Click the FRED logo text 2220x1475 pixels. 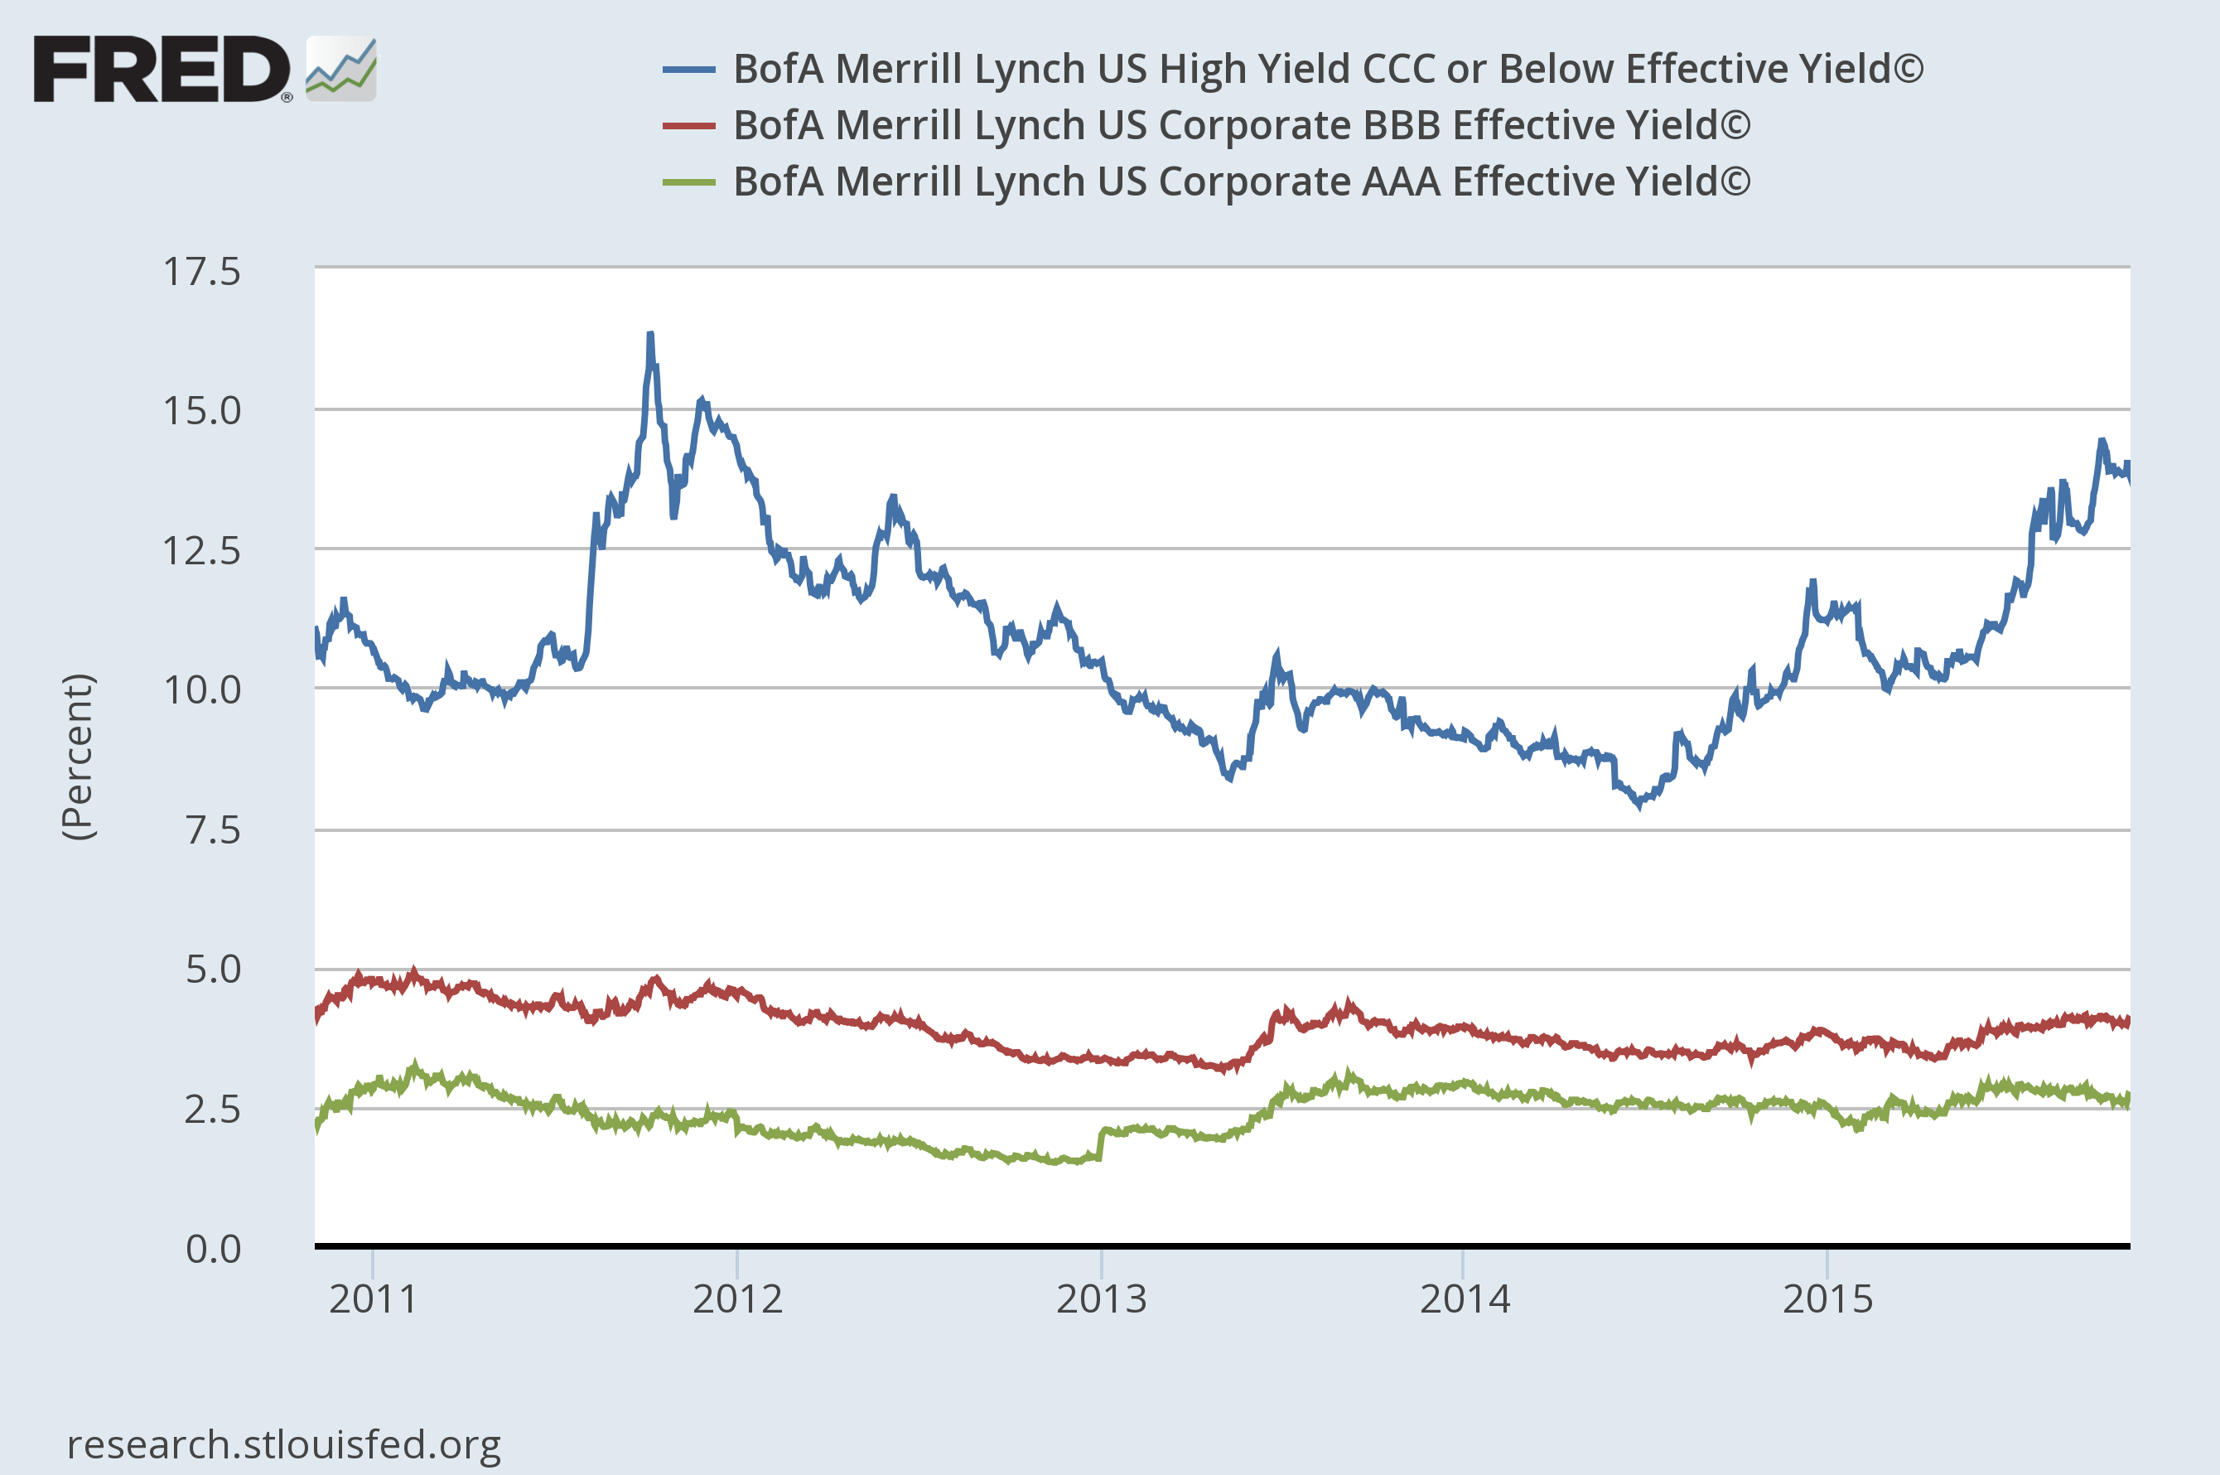pyautogui.click(x=162, y=70)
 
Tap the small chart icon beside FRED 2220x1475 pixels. pyautogui.click(x=341, y=69)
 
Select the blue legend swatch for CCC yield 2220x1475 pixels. pyautogui.click(x=688, y=70)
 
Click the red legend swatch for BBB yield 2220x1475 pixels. pyautogui.click(x=688, y=126)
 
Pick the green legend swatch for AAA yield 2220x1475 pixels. pyautogui.click(x=688, y=182)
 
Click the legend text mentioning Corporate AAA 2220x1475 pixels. pyautogui.click(x=1241, y=181)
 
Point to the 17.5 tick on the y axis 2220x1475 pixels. pyautogui.click(x=202, y=272)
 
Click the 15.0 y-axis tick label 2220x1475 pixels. pyautogui.click(x=202, y=411)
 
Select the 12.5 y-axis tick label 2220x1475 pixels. pyautogui.click(x=202, y=550)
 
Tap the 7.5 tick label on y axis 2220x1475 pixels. pyautogui.click(x=213, y=829)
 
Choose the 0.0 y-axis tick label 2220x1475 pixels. pyautogui.click(x=213, y=1248)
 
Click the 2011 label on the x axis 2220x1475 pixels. pyautogui.click(x=373, y=1299)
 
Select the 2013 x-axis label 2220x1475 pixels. pyautogui.click(x=1100, y=1299)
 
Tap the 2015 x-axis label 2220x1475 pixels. pyautogui.click(x=1827, y=1299)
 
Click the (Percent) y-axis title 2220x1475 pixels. pyautogui.click(x=78, y=757)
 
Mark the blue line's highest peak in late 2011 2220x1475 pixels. pyautogui.click(x=649, y=335)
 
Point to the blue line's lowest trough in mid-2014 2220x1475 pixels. pyautogui.click(x=1641, y=805)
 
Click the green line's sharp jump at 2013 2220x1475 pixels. pyautogui.click(x=1101, y=1143)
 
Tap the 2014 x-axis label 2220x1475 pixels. pyautogui.click(x=1464, y=1299)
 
